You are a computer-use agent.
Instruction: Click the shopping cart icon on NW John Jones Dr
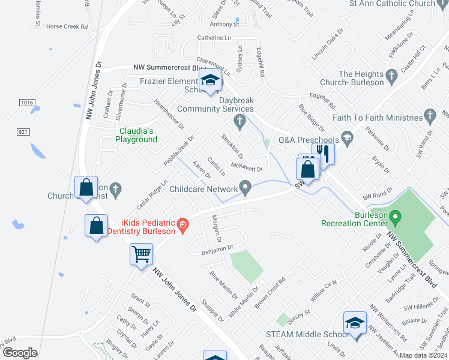point(142,253)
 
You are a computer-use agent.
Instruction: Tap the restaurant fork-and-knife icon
point(323,154)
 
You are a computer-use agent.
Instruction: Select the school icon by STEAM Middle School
point(355,323)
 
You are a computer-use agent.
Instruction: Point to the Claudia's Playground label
point(136,135)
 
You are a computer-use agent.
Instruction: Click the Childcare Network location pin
point(246,188)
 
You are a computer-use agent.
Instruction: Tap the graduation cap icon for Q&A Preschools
point(347,139)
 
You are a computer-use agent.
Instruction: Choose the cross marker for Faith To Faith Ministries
point(429,114)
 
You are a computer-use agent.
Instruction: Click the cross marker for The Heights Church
point(392,75)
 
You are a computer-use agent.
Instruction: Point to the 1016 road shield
point(26,103)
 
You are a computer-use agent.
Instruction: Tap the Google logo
point(20,352)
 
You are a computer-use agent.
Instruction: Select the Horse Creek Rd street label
point(67,27)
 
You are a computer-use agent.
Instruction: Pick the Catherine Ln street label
point(214,38)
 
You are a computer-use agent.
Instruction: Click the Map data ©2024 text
point(424,355)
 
